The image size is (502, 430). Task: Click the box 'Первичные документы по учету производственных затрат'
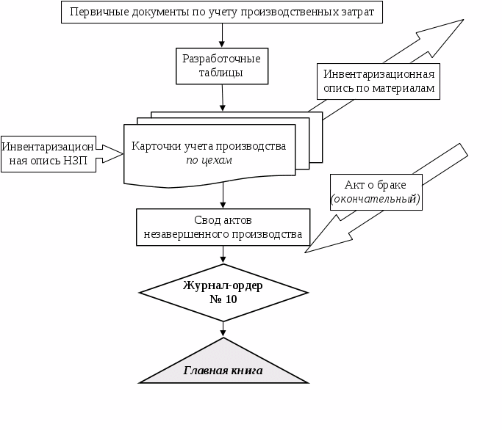click(222, 12)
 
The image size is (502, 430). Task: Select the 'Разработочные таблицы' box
click(222, 65)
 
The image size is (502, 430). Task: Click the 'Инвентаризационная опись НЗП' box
click(49, 153)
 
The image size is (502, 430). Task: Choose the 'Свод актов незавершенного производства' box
click(223, 227)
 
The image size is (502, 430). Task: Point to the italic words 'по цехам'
click(209, 160)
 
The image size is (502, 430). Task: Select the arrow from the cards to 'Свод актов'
click(223, 195)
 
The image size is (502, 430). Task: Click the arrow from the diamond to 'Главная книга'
click(223, 329)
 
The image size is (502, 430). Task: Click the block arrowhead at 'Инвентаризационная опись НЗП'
click(110, 153)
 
